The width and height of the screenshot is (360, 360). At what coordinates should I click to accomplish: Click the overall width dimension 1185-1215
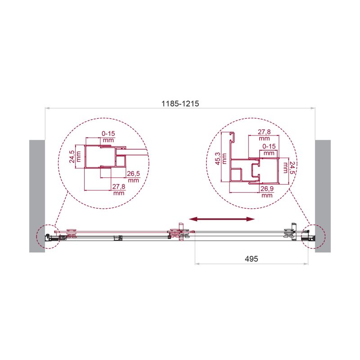180,103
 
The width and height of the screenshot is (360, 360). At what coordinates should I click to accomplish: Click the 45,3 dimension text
218,158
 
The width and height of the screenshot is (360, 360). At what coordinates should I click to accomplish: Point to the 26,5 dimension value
133,174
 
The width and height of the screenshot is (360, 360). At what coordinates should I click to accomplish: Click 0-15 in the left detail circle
108,134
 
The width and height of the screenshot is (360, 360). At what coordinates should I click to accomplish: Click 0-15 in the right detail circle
269,147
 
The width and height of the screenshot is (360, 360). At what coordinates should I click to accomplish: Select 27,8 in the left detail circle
118,187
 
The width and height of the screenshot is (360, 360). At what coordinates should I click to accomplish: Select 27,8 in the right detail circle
264,132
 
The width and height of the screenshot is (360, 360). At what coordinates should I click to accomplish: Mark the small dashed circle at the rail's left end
48,236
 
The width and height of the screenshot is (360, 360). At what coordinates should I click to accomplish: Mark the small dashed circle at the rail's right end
312,236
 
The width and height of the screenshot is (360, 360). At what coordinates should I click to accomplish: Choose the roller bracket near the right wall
290,231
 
